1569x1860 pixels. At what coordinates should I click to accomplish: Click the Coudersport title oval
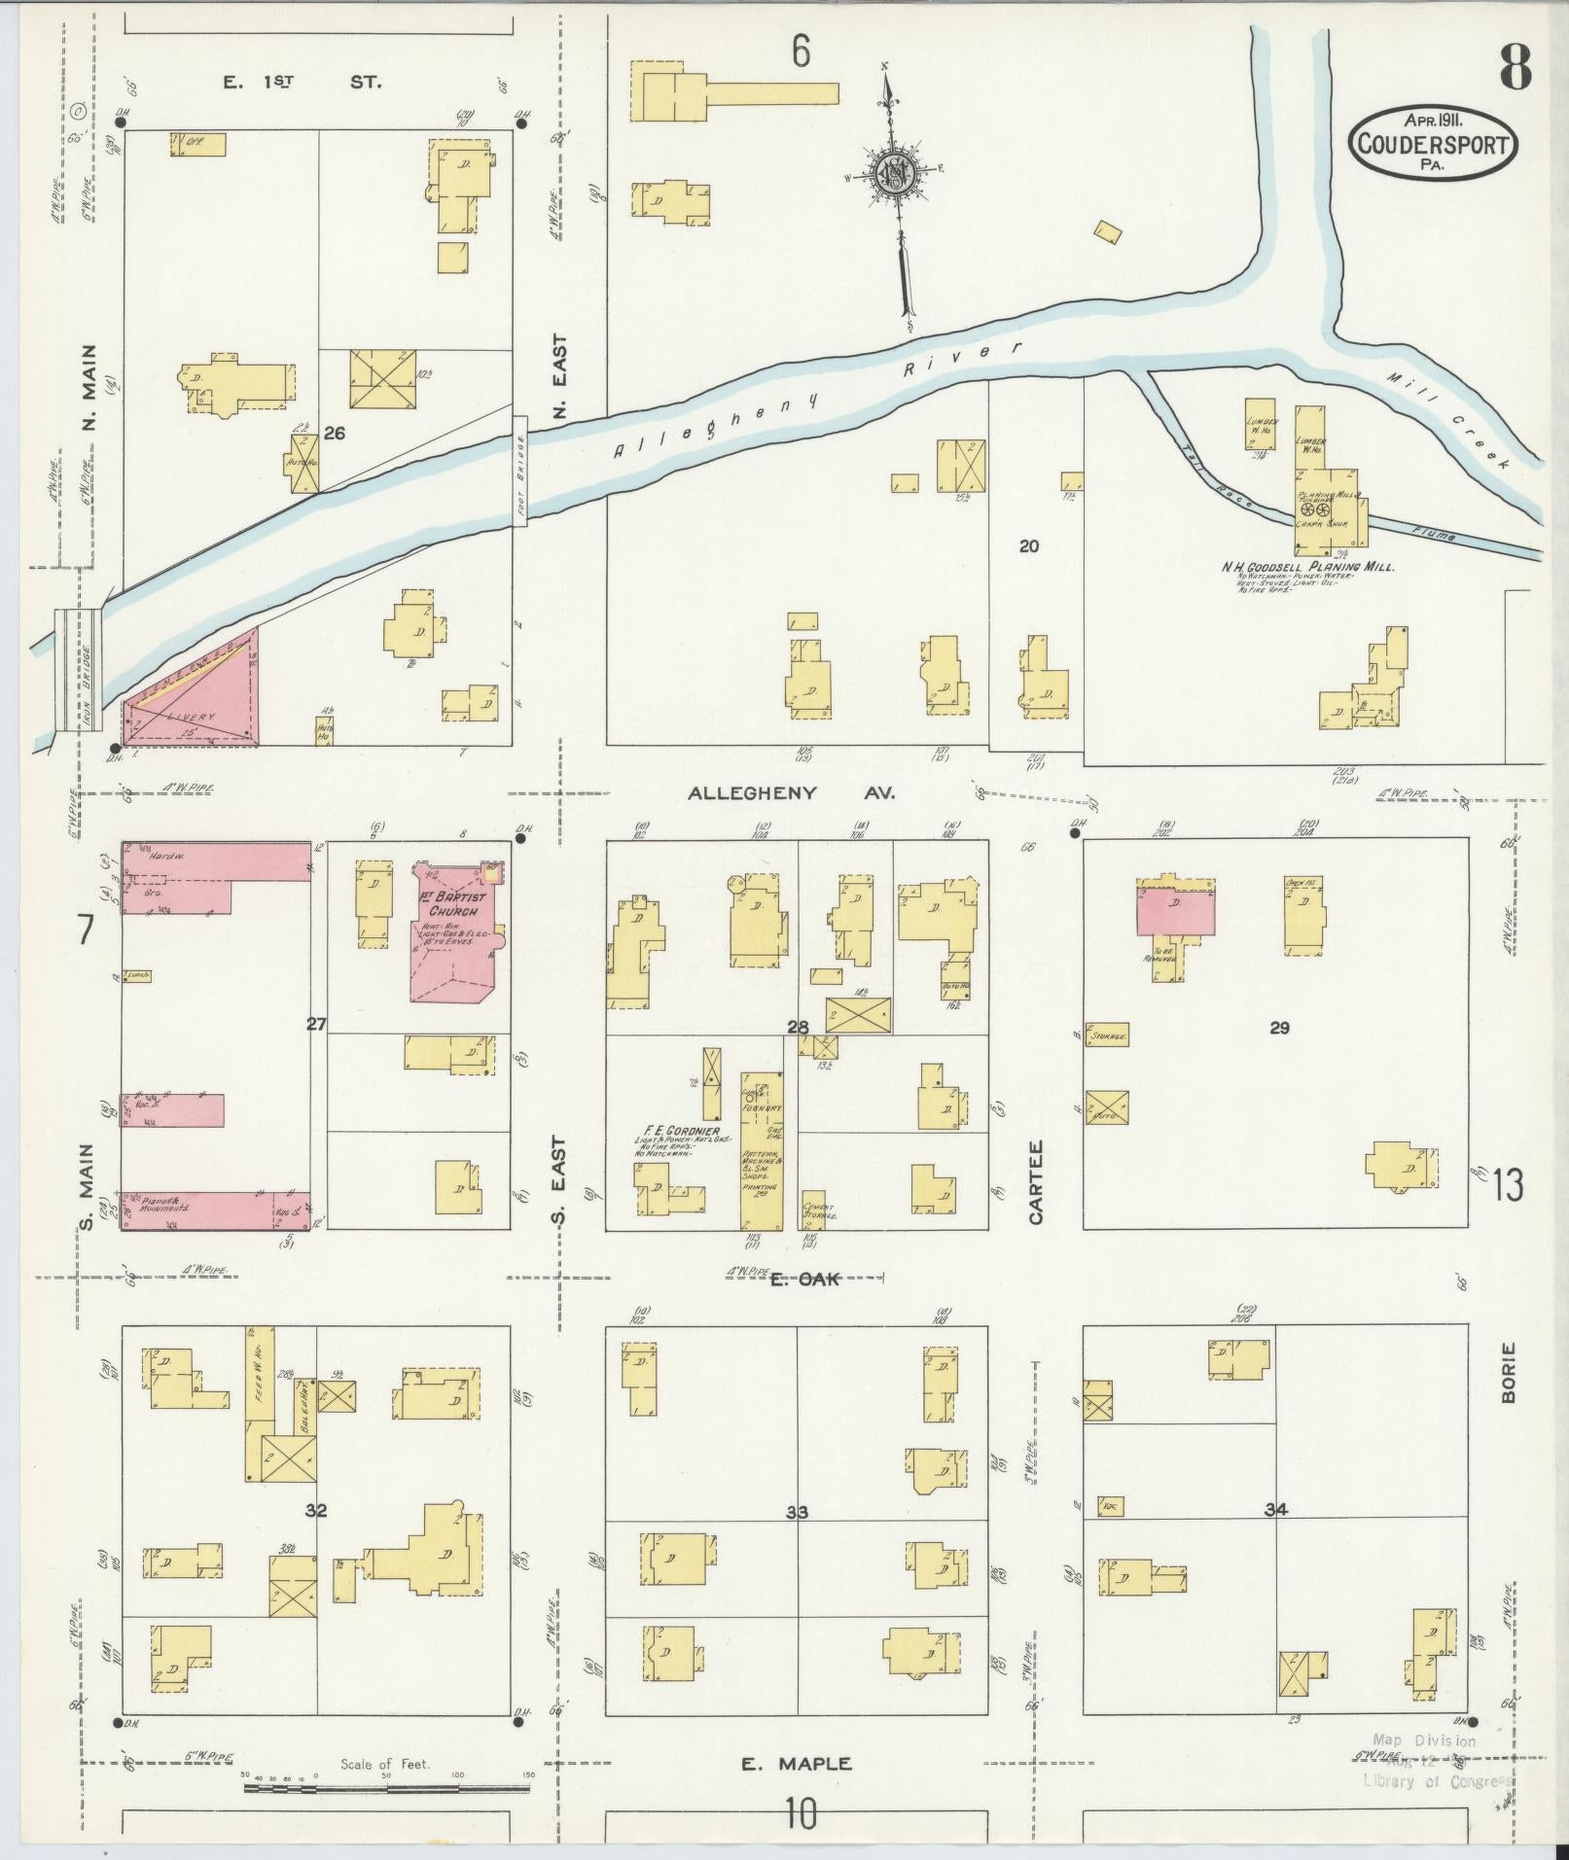pyautogui.click(x=1432, y=143)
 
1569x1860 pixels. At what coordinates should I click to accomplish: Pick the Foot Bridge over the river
pyautogui.click(x=519, y=472)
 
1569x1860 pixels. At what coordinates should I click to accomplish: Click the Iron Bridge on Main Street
pyautogui.click(x=77, y=671)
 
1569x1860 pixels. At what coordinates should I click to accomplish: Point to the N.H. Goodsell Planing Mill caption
pyautogui.click(x=1307, y=567)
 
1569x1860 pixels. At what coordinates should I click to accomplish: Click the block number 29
pyautogui.click(x=1279, y=1028)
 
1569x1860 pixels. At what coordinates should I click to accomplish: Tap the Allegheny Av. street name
pyautogui.click(x=792, y=793)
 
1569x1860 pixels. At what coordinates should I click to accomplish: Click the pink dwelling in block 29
pyautogui.click(x=1176, y=910)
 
